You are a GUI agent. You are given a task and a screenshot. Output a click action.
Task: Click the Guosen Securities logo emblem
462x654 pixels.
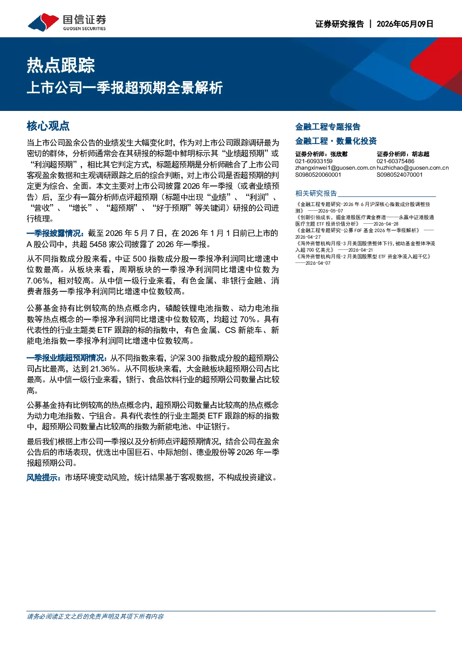coord(43,22)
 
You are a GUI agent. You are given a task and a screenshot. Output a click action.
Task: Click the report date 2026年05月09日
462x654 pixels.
coord(405,24)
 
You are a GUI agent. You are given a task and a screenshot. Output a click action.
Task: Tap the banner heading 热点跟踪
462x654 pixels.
coord(61,65)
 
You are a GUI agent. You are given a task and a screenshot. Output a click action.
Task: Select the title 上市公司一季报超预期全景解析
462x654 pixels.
coord(125,88)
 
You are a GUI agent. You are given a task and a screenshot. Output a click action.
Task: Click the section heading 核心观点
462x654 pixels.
coord(48,126)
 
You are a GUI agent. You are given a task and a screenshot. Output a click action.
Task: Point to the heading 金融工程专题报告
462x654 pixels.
coord(328,127)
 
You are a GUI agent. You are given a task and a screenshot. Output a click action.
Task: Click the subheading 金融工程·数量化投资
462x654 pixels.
coord(336,141)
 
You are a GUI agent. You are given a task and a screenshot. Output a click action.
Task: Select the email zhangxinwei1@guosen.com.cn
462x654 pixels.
coord(335,168)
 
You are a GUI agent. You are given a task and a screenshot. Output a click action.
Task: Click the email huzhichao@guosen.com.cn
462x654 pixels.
coord(413,168)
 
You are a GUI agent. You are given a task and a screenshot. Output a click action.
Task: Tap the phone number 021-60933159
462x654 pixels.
coord(314,161)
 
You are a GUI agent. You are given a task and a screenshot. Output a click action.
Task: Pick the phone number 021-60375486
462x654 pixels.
coord(395,161)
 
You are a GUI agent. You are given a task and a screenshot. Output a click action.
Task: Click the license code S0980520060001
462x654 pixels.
coord(318,175)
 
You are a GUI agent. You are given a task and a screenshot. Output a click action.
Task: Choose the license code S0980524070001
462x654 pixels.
coord(400,175)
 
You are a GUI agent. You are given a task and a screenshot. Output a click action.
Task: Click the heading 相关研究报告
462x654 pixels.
coord(316,193)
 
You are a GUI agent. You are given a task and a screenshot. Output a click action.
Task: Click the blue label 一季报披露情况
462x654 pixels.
coord(55,233)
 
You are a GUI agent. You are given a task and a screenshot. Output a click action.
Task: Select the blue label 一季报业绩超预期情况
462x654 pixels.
coord(67,358)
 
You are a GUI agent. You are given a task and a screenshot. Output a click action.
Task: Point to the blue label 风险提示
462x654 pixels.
coord(44,477)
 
